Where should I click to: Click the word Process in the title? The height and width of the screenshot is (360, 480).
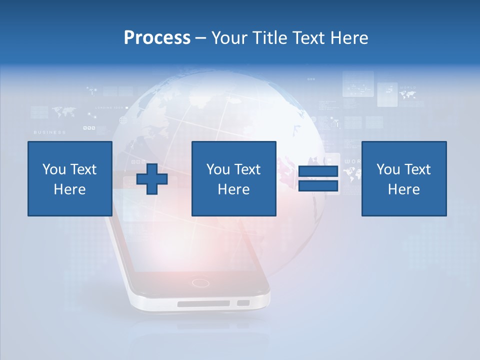click(157, 38)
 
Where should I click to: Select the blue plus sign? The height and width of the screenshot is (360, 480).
click(152, 178)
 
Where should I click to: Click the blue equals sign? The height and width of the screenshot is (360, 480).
click(318, 178)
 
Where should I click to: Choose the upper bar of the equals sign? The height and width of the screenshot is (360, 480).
click(318, 171)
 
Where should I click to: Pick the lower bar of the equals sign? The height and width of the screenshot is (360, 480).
click(318, 185)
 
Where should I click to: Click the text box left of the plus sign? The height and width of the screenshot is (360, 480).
click(69, 178)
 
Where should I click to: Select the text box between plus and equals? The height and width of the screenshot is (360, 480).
click(233, 178)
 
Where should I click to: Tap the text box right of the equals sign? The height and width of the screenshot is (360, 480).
click(403, 178)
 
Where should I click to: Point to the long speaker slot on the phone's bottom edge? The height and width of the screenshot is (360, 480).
click(203, 303)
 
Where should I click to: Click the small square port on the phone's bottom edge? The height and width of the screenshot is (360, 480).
click(243, 302)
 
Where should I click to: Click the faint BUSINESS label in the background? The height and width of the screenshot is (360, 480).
click(49, 132)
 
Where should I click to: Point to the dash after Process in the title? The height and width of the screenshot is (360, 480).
click(201, 38)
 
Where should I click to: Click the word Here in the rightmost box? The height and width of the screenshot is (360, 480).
click(403, 189)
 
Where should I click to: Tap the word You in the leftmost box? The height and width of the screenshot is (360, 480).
click(54, 169)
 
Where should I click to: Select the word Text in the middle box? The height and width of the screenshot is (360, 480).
click(247, 169)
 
